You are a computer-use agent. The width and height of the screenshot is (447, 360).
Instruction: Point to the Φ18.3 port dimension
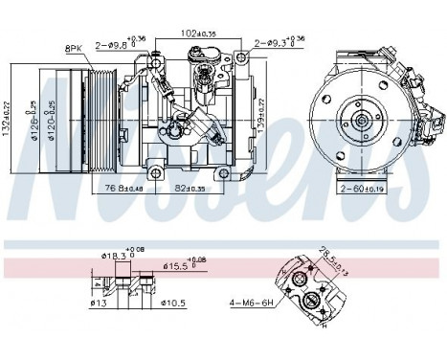[116, 255]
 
